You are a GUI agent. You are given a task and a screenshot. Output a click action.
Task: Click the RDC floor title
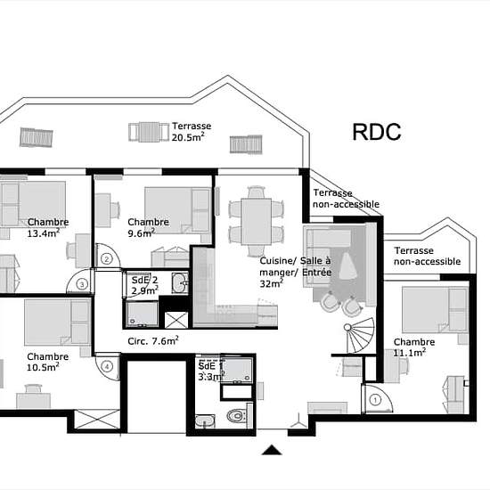pos(377,132)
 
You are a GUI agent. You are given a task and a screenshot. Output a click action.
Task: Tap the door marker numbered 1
pos(375,400)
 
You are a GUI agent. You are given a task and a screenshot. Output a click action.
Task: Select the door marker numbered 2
pos(107,259)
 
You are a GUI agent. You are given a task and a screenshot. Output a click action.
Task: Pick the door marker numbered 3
pos(82,284)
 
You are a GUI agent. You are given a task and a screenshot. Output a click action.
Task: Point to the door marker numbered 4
pos(107,366)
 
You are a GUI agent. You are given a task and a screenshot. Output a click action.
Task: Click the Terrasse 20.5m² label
pos(192,132)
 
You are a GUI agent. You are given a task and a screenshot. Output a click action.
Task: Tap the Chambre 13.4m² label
pos(48,227)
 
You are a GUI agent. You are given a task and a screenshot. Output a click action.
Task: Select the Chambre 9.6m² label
pos(148,227)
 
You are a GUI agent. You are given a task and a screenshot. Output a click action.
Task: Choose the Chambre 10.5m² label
pos(47,362)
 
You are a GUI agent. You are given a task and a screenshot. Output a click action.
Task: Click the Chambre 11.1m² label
pos(414,347)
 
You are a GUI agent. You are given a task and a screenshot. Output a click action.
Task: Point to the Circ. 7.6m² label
pos(153,340)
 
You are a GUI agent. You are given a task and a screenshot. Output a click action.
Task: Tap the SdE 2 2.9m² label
pos(144,285)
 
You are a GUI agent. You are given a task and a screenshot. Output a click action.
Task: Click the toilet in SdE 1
pos(237,416)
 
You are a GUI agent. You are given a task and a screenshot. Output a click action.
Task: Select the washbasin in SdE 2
pos(180,283)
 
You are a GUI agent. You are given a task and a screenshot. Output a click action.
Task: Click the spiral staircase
pos(359,335)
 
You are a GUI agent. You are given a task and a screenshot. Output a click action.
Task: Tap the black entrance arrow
pos(272,450)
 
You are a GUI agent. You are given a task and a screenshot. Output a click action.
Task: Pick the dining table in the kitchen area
pos(257,222)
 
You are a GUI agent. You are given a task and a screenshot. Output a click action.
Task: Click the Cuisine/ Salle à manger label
pos(295,266)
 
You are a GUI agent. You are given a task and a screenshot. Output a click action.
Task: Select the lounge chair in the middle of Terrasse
pos(149,132)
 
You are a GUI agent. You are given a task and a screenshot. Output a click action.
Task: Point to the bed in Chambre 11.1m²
pos(435,310)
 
